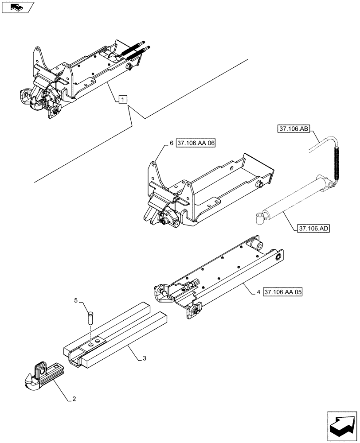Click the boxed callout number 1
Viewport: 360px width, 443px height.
123,99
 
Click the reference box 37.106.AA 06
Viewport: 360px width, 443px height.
196,144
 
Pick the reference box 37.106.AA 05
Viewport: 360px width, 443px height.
282,293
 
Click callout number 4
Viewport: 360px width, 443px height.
258,293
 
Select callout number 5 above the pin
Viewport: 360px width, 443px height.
75,301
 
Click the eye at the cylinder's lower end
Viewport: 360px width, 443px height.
259,217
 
